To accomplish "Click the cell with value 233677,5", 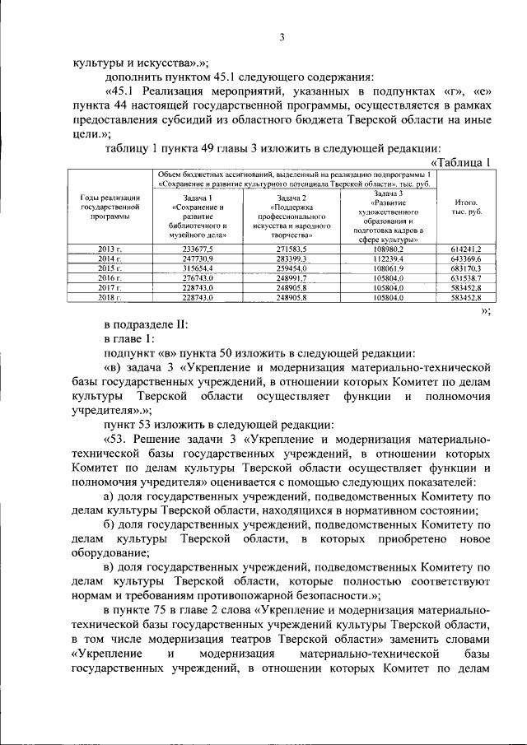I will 198,248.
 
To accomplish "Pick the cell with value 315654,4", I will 198,268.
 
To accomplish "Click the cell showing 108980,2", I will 387,248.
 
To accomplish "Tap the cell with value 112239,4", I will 387,258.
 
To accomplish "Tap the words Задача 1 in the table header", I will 198,198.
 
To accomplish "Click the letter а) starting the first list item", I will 110,496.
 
